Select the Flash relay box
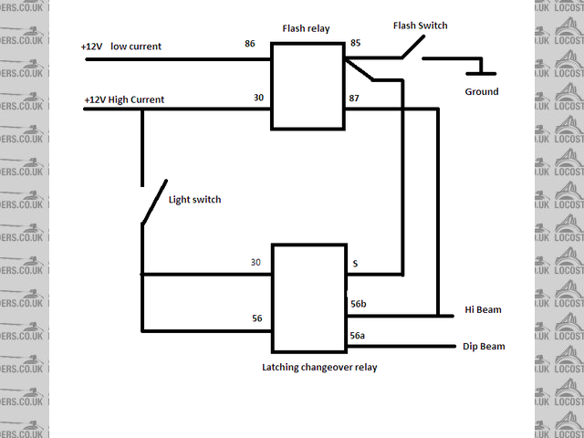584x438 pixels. pyautogui.click(x=308, y=87)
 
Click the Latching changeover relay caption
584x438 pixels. pyautogui.click(x=318, y=367)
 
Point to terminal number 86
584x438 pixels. pyautogui.click(x=250, y=43)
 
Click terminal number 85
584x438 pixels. pyautogui.click(x=355, y=43)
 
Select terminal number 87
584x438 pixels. pyautogui.click(x=355, y=98)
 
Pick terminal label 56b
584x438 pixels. pyautogui.click(x=359, y=304)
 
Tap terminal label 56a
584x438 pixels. pyautogui.click(x=359, y=336)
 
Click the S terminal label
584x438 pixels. pyautogui.click(x=355, y=265)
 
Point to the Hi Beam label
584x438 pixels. pyautogui.click(x=483, y=310)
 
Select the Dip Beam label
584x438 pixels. pyautogui.click(x=484, y=347)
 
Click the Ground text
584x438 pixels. pyautogui.click(x=482, y=92)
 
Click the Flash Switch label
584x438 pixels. pyautogui.click(x=420, y=26)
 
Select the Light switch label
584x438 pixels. pyautogui.click(x=195, y=199)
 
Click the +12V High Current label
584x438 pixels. pyautogui.click(x=124, y=99)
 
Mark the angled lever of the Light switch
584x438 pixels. pyautogui.click(x=150, y=203)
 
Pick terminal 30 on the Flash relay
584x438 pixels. pyautogui.click(x=259, y=98)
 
